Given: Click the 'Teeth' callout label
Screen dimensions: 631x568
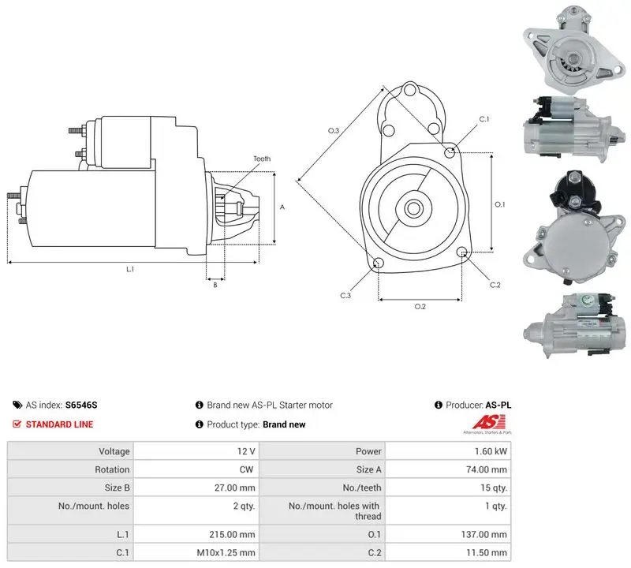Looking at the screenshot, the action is (262, 159).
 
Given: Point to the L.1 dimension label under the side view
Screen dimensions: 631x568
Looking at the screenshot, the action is (130, 269).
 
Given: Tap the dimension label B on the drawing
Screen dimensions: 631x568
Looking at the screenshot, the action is (215, 285).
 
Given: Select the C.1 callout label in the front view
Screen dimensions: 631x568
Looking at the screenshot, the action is (484, 119).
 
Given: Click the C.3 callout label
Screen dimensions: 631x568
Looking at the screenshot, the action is (345, 296).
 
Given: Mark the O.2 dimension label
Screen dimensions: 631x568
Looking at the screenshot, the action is (420, 307).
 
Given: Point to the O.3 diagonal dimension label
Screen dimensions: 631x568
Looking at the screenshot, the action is (334, 130).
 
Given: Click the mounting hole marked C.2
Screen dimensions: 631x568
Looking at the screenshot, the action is (462, 252).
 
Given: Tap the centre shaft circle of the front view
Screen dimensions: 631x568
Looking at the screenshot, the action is (413, 208).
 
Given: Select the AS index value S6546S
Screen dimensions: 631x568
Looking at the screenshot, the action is (81, 405).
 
